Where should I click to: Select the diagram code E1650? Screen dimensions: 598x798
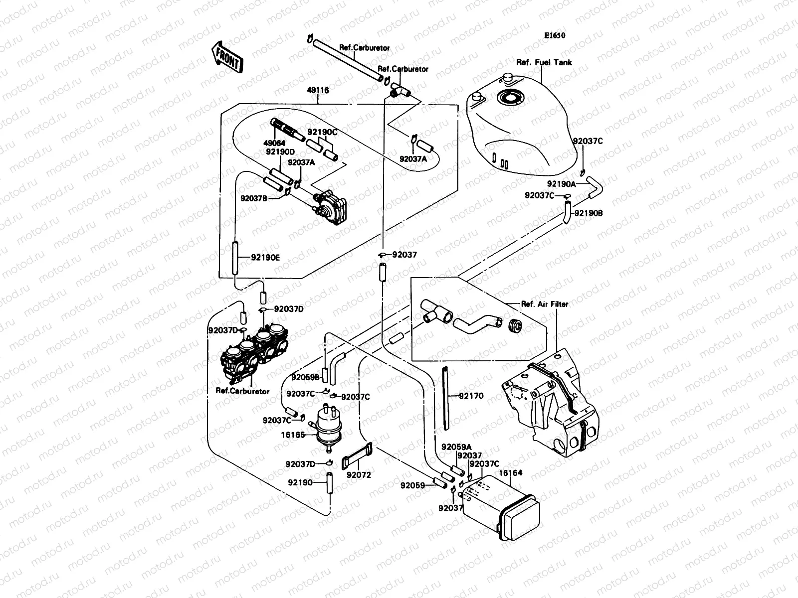[555, 36]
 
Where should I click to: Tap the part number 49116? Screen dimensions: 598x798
[318, 91]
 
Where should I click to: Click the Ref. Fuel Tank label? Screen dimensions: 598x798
[544, 62]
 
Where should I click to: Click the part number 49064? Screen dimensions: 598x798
[274, 143]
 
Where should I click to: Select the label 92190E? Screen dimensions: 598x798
[265, 258]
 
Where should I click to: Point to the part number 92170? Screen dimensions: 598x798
[471, 396]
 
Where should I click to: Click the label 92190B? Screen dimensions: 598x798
[589, 213]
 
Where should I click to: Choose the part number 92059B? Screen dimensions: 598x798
[306, 377]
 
